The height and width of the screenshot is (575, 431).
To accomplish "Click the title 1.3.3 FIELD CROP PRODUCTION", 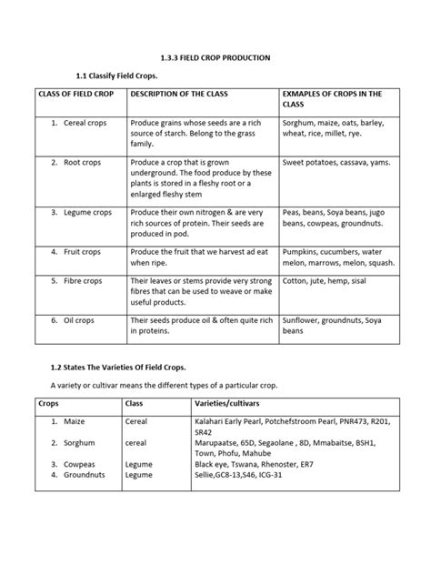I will click(215, 57).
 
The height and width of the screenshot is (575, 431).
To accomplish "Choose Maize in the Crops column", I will click(77, 421).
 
